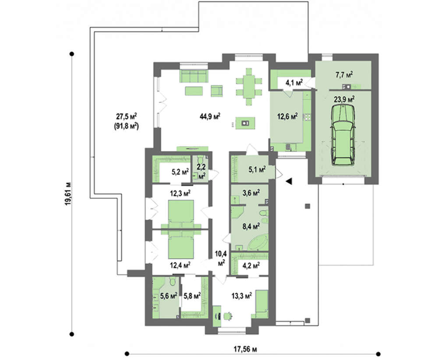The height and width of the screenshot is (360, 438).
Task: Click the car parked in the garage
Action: pyautogui.click(x=343, y=134)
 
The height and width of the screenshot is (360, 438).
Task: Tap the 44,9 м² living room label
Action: pyautogui.click(x=210, y=116)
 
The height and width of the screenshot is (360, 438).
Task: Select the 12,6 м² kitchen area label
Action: pyautogui.click(x=287, y=116)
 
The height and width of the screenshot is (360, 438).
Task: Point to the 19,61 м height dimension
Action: pyautogui.click(x=68, y=194)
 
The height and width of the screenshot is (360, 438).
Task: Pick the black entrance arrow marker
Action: pyautogui.click(x=289, y=181)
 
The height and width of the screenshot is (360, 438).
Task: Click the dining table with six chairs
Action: pyautogui.click(x=249, y=86)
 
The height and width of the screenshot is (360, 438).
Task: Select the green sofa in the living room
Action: pyautogui.click(x=193, y=76)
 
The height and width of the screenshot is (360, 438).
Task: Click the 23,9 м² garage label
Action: pyautogui.click(x=344, y=99)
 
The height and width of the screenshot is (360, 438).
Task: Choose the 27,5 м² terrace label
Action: pyautogui.click(x=127, y=116)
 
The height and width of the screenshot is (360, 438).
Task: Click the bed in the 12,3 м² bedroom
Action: pyautogui.click(x=181, y=214)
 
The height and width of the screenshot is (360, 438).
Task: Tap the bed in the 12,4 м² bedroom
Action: pyautogui.click(x=181, y=244)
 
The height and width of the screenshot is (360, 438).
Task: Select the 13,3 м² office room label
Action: pyautogui.click(x=242, y=296)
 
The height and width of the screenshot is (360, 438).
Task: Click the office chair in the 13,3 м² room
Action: pyautogui.click(x=228, y=316)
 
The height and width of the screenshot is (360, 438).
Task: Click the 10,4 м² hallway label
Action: pyautogui.click(x=221, y=258)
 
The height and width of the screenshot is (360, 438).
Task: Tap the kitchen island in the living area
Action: pyautogui.click(x=245, y=123)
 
